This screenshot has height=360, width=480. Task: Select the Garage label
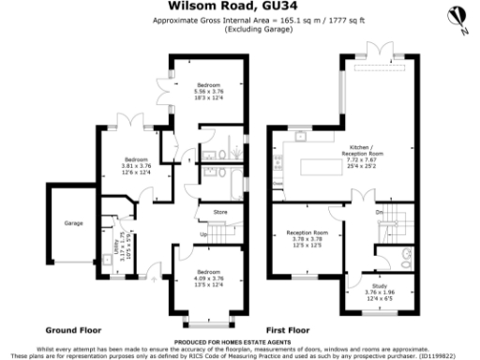(73, 224)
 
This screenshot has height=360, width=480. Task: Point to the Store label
(220, 214)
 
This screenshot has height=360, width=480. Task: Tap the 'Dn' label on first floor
(381, 213)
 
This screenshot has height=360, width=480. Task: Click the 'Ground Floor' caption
(73, 330)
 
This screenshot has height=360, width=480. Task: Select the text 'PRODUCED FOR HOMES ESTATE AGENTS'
(240, 342)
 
